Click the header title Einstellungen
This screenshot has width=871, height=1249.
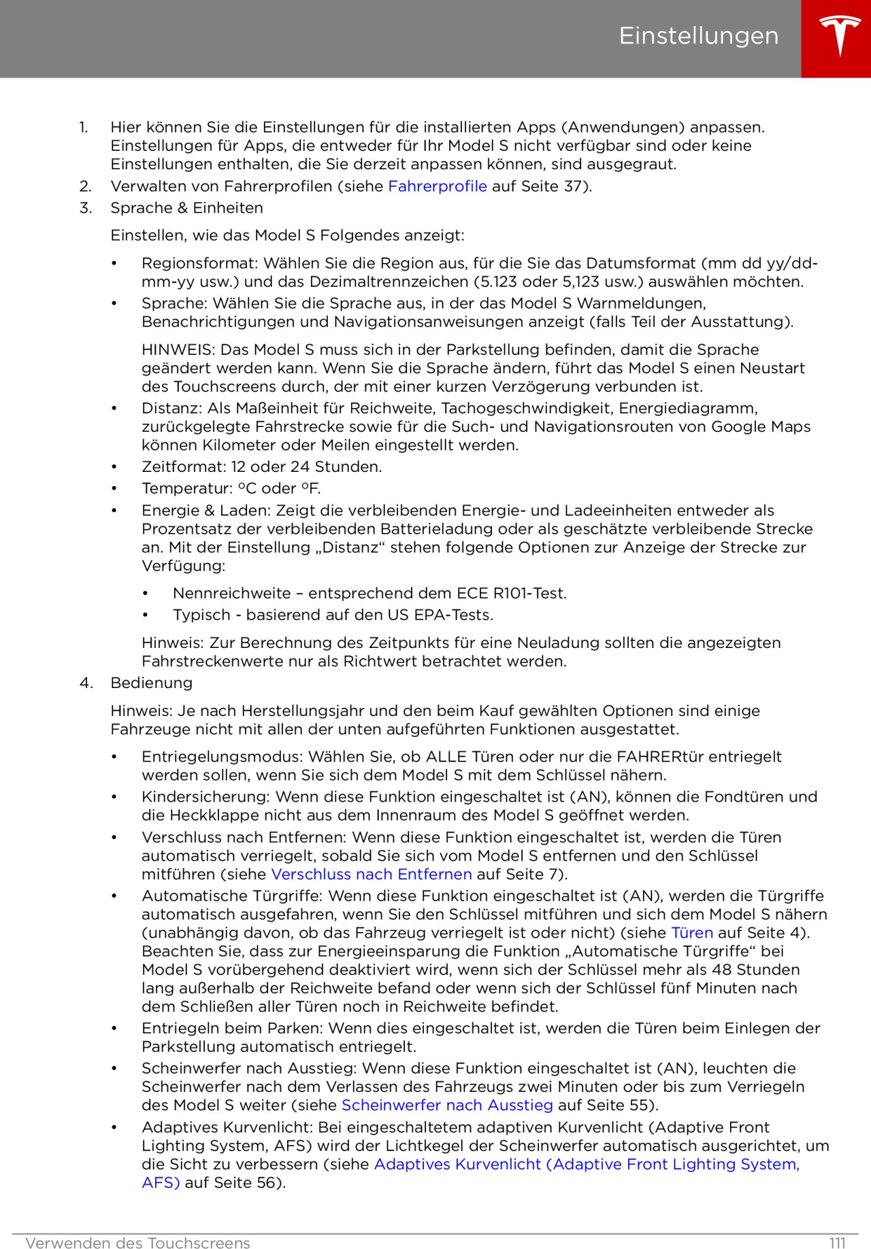pos(698,36)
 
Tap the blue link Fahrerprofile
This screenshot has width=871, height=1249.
pos(437,186)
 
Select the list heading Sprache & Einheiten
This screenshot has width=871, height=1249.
pos(186,208)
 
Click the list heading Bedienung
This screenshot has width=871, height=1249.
pos(151,683)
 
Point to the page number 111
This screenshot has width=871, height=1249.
pos(837,1243)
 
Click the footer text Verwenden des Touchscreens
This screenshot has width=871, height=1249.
pos(137,1243)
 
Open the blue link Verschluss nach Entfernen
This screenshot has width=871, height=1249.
pos(371,874)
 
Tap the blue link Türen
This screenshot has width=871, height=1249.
pos(691,933)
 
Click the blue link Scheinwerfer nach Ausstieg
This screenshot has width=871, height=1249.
pos(446,1105)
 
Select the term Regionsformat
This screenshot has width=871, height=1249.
pos(199,263)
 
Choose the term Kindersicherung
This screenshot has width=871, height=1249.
pos(206,796)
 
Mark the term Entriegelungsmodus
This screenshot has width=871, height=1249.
pos(222,757)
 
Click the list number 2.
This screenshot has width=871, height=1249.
pos(85,186)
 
